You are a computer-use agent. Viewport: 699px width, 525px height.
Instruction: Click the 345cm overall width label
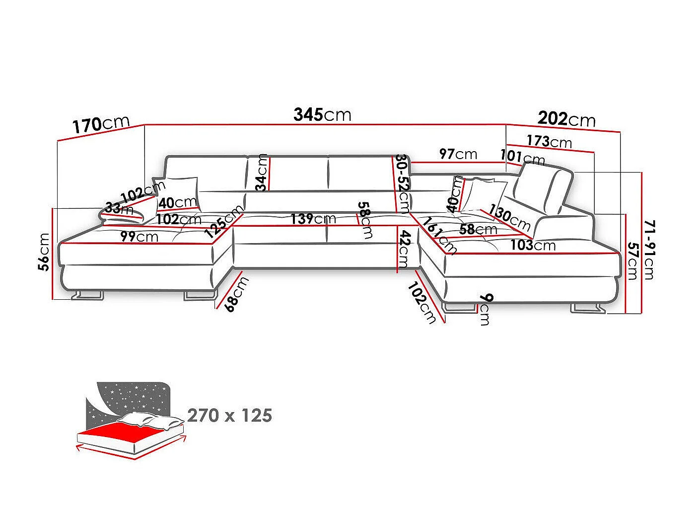(322, 115)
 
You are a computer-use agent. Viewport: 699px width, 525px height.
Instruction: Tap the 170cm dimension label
(101, 124)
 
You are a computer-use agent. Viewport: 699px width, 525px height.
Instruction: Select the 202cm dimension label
(566, 119)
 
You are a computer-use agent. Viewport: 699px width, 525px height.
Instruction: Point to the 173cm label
(549, 141)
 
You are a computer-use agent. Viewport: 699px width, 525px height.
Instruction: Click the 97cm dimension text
(458, 154)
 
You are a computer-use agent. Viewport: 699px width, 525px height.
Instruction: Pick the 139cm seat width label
(313, 219)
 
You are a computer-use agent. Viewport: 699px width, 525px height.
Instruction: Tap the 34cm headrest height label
(263, 173)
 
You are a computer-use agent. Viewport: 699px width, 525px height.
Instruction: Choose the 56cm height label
(44, 252)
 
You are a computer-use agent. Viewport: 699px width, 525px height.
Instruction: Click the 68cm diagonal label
(237, 294)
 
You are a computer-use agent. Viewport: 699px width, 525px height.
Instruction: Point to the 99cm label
(139, 237)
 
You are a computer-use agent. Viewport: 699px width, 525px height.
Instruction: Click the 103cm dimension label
(533, 245)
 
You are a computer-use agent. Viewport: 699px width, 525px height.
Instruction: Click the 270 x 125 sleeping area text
(229, 416)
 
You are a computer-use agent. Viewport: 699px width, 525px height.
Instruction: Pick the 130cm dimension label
(509, 218)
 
